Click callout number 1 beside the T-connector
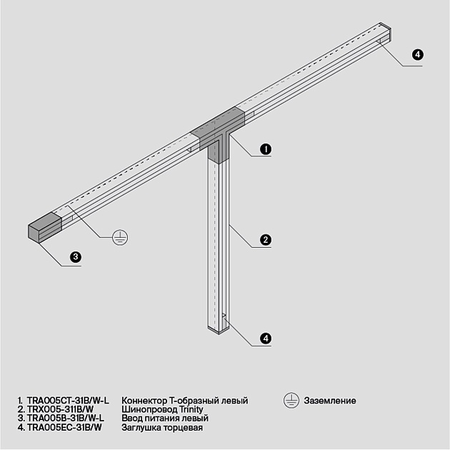click(265, 149)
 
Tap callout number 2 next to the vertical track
click(265, 240)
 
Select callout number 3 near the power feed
click(75, 257)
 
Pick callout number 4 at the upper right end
click(418, 55)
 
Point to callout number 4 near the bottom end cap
click(265, 338)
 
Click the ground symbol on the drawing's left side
click(121, 238)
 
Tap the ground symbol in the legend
click(291, 401)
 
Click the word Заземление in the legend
click(330, 401)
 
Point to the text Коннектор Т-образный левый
click(185, 401)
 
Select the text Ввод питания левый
click(165, 418)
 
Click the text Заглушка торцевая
click(163, 427)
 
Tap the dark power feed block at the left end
click(45, 226)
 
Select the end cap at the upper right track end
click(386, 33)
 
